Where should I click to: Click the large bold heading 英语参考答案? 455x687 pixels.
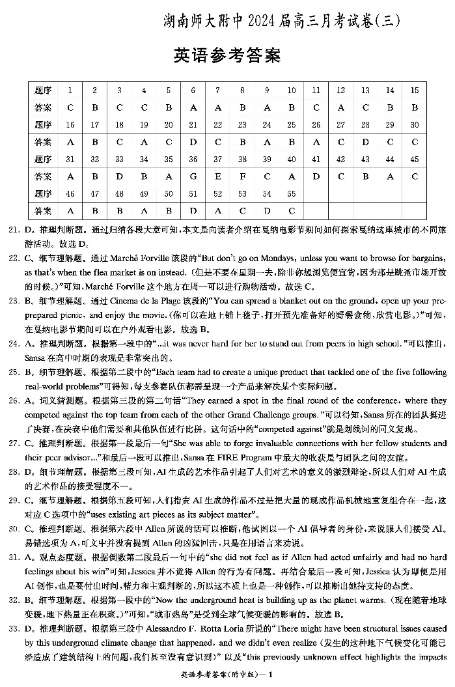227,56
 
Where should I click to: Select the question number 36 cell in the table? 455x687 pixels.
193,160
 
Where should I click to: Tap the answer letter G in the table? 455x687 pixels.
193,176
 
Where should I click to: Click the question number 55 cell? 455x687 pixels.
291,193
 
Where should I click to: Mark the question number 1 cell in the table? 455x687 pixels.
70,91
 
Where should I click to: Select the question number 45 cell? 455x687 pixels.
414,160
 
